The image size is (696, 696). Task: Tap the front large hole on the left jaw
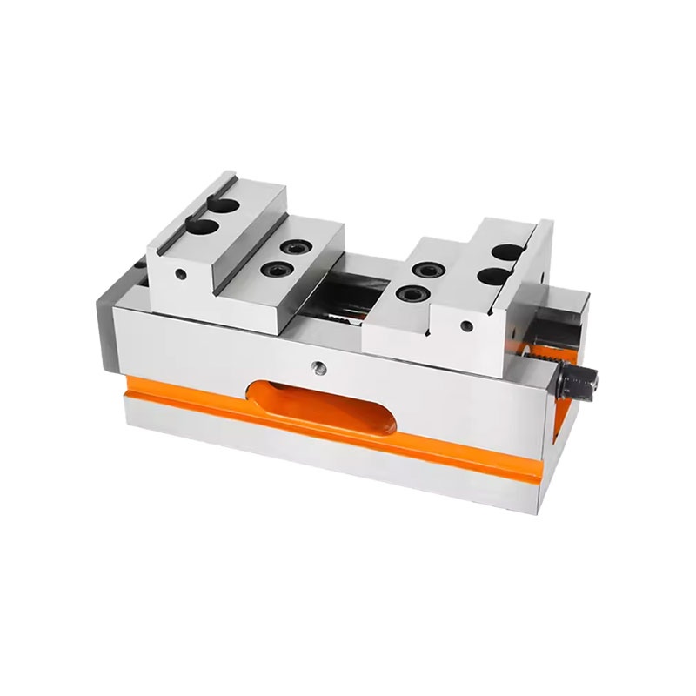[x=201, y=227]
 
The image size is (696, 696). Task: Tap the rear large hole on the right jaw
[x=505, y=253]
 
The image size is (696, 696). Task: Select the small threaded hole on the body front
[x=318, y=368]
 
